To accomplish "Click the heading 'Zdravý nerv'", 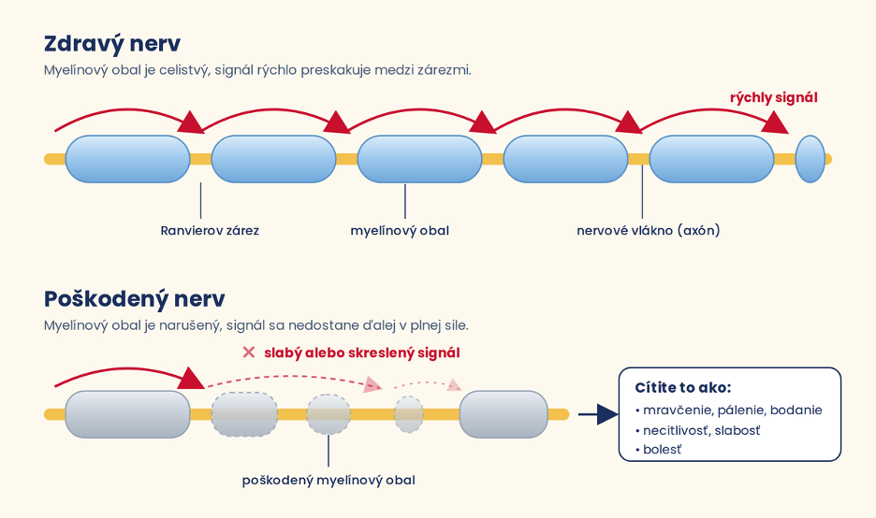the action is [112, 44].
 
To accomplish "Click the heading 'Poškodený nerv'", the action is [134, 298].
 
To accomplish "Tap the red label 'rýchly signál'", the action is [773, 98].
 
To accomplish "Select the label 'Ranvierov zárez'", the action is [210, 231].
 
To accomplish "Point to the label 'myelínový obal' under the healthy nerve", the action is [400, 231].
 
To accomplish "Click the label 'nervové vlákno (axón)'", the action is [648, 231].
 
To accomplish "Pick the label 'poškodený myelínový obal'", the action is [328, 481].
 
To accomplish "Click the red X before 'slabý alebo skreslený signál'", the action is [249, 353].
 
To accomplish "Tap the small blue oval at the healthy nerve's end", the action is [810, 159].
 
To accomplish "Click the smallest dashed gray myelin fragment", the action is [409, 415].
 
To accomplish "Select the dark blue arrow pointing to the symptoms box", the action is [598, 414].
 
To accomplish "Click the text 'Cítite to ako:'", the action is [682, 387].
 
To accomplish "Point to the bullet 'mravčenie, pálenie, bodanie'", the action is [729, 410].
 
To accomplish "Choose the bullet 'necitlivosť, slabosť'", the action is [698, 430].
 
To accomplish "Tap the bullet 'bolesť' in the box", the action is [658, 450].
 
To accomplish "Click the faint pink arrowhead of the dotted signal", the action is [455, 385].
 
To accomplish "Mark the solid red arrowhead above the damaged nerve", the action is [192, 378].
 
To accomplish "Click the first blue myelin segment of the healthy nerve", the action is [128, 159].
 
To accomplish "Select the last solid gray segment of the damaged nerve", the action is [504, 414].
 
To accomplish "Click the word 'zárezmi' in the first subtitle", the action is [446, 70].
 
